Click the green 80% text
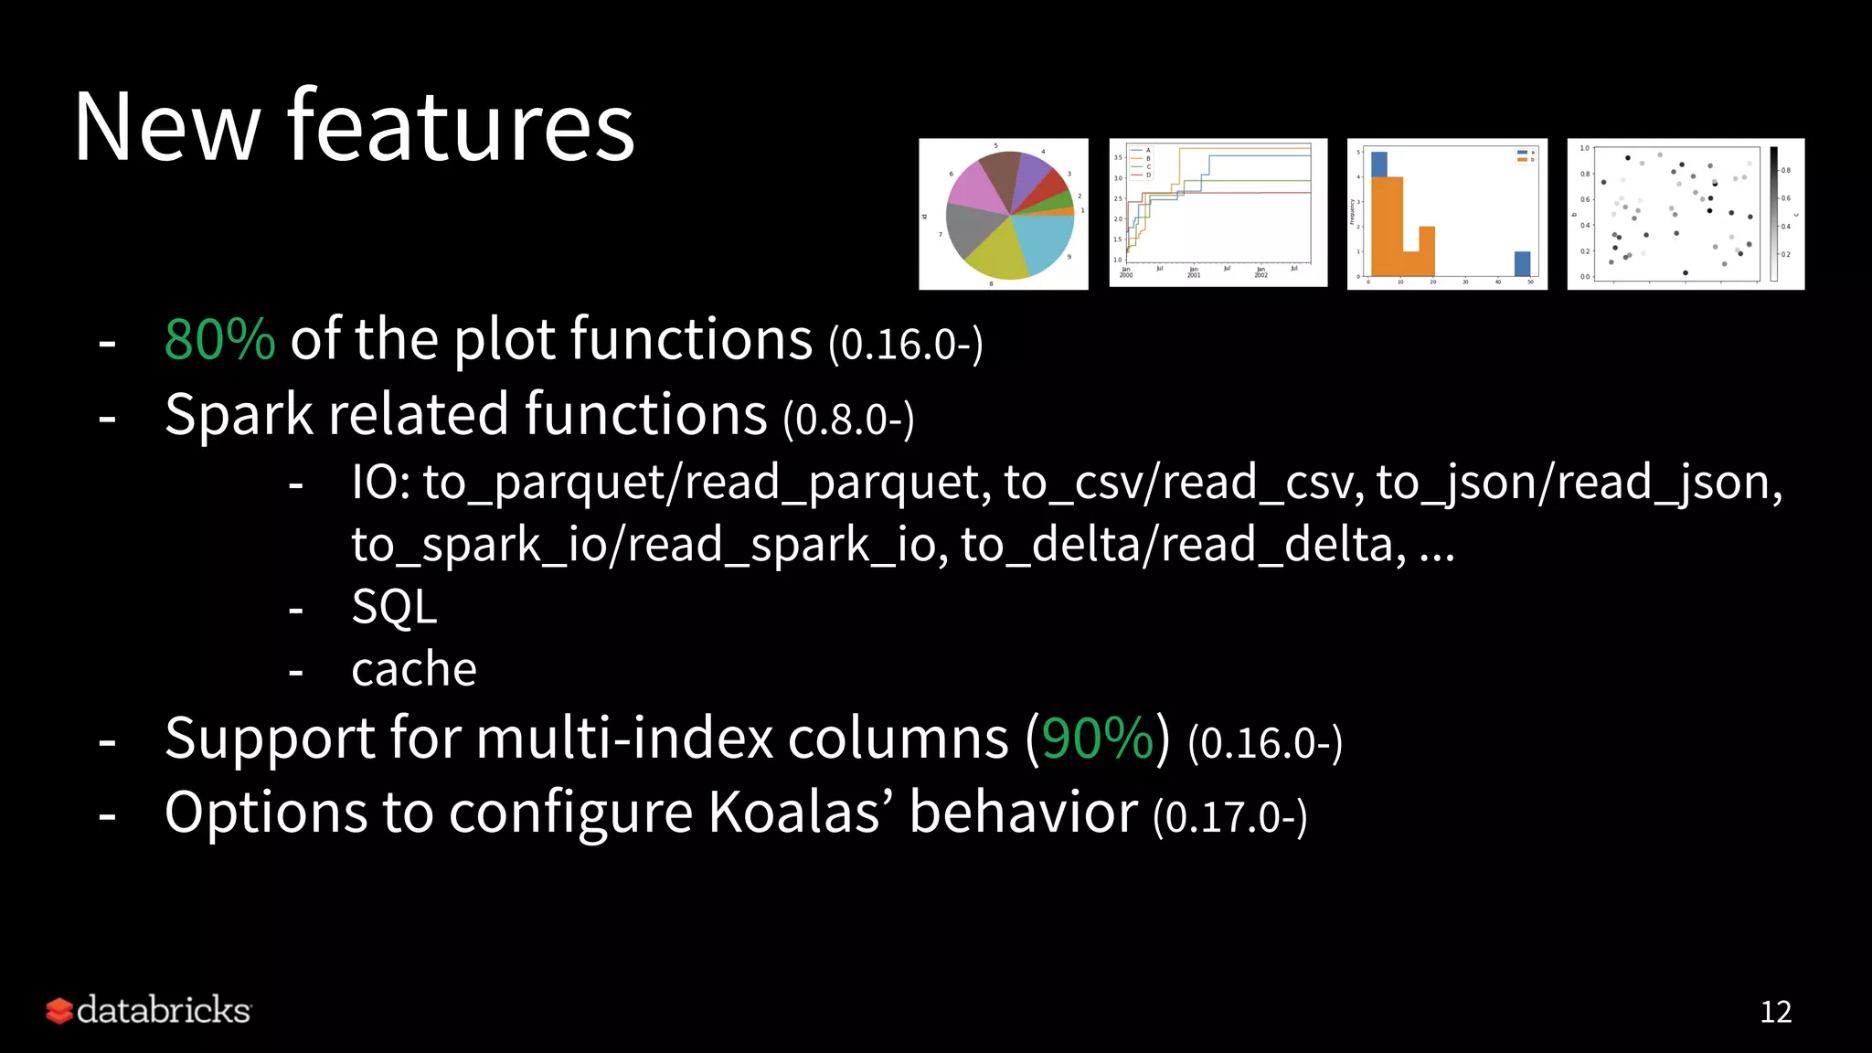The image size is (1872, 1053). (x=219, y=340)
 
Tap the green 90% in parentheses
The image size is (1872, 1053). (x=1098, y=739)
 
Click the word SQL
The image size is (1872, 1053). (x=394, y=607)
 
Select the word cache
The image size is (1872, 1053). (x=414, y=669)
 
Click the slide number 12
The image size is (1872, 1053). (x=1775, y=1012)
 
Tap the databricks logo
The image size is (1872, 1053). (x=149, y=1010)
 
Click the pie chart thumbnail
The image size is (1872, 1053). (x=1004, y=215)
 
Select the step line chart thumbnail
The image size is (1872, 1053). (x=1218, y=213)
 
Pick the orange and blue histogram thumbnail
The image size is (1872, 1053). (x=1447, y=215)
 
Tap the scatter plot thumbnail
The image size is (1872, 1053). (x=1686, y=215)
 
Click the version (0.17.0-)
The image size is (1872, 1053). (x=1230, y=816)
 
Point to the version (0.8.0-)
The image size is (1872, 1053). (x=848, y=419)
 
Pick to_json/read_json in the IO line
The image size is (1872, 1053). (x=1579, y=483)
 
